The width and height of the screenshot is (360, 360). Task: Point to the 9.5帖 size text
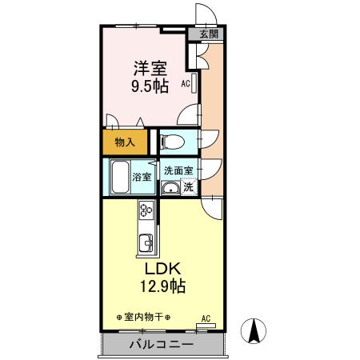point(150,85)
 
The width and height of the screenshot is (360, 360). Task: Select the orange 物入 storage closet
point(125,142)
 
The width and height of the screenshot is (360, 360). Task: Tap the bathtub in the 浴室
point(119,178)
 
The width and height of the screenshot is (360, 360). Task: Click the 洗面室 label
point(178,170)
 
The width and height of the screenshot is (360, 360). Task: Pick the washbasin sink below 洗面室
point(171,189)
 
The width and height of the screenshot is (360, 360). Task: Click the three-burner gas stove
point(146,211)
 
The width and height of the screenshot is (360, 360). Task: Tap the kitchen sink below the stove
point(146,244)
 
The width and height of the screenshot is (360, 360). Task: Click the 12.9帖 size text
point(165,285)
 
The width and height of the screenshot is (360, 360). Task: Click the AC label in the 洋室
point(185,83)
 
